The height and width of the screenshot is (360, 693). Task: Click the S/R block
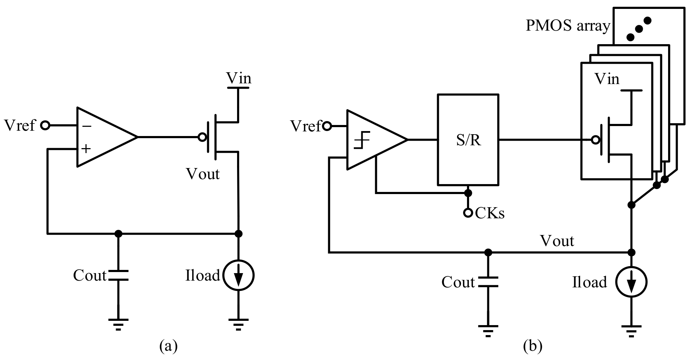pyautogui.click(x=468, y=140)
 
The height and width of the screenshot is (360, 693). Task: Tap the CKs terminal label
pyautogui.click(x=490, y=213)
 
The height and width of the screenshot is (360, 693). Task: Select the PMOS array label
pyautogui.click(x=567, y=26)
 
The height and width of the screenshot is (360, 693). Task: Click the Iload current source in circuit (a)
pyautogui.click(x=238, y=276)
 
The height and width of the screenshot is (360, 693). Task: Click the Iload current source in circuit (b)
pyautogui.click(x=631, y=282)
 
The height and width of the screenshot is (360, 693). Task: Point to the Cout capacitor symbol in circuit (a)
pyautogui.click(x=118, y=275)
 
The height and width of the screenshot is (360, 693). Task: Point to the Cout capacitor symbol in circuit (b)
pyautogui.click(x=488, y=282)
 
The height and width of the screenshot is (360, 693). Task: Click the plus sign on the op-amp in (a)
pyautogui.click(x=86, y=148)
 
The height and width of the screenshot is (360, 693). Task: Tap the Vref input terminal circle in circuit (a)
pyautogui.click(x=45, y=125)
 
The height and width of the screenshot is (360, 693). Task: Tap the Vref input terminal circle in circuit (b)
pyautogui.click(x=327, y=126)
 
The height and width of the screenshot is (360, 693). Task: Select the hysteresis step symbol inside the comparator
pyautogui.click(x=362, y=140)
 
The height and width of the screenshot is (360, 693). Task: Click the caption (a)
pyautogui.click(x=168, y=346)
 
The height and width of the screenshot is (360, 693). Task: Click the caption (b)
pyautogui.click(x=532, y=346)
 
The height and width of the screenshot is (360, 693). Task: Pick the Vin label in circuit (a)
pyautogui.click(x=238, y=78)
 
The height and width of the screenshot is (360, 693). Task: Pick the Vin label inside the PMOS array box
pyautogui.click(x=607, y=79)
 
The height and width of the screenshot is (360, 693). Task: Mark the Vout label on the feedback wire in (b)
pyautogui.click(x=557, y=241)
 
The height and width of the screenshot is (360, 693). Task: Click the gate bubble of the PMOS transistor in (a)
pyautogui.click(x=202, y=137)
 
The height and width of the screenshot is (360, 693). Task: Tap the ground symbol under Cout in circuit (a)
pyautogui.click(x=118, y=324)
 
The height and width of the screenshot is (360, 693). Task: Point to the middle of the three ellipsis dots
pyautogui.click(x=639, y=28)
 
